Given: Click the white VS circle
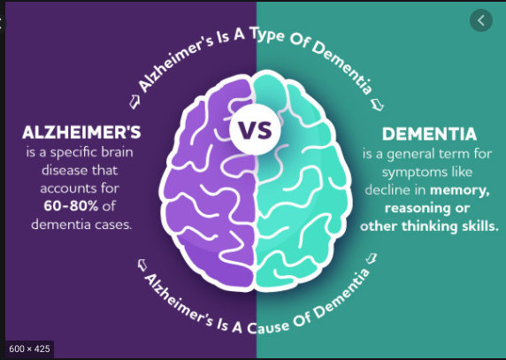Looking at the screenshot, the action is (x=255, y=129).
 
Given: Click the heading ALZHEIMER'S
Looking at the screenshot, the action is (x=81, y=133).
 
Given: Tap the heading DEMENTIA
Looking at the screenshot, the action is (x=429, y=134).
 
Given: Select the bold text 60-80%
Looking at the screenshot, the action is (x=71, y=206).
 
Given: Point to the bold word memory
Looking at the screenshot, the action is (x=460, y=190).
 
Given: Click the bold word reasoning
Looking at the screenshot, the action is (x=416, y=209).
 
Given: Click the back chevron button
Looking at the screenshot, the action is (x=481, y=20).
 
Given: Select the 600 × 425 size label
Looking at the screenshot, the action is (x=29, y=349).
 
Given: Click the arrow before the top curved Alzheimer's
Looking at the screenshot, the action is (x=134, y=102).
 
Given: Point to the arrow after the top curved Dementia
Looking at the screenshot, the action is (x=377, y=105).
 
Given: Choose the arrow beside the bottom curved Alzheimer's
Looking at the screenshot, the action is (x=142, y=265).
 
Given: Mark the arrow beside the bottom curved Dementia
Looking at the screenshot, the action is (x=372, y=258).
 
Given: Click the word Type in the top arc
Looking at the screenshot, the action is (x=266, y=35).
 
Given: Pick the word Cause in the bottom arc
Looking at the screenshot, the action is (x=269, y=326).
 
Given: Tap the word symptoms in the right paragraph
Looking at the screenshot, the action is (x=408, y=172).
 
